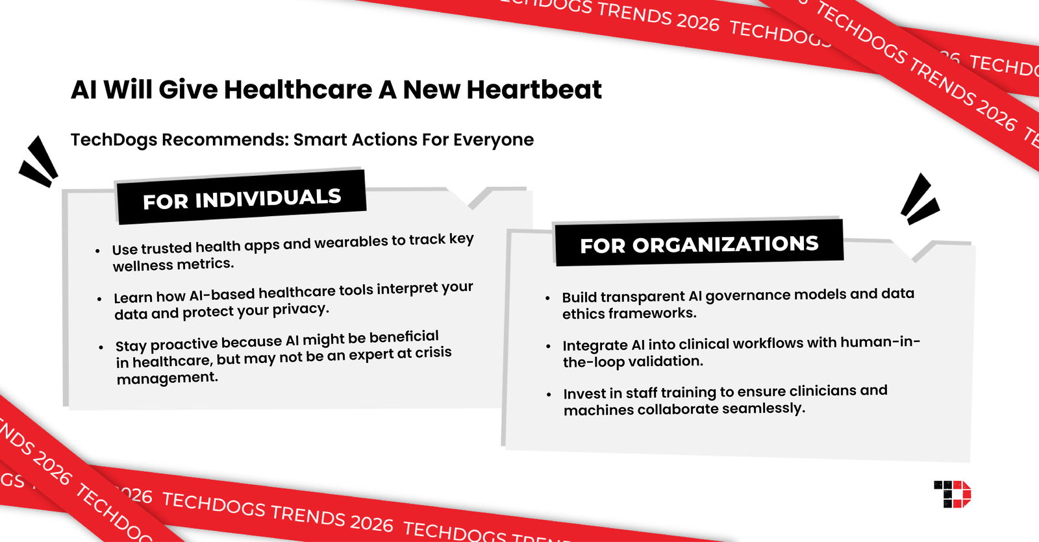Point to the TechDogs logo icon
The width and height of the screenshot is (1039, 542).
pyautogui.click(x=952, y=494)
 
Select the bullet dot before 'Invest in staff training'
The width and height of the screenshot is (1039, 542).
pyautogui.click(x=549, y=395)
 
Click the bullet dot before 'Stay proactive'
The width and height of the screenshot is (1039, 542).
pyautogui.click(x=101, y=347)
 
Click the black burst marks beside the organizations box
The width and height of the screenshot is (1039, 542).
pyautogui.click(x=919, y=199)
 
